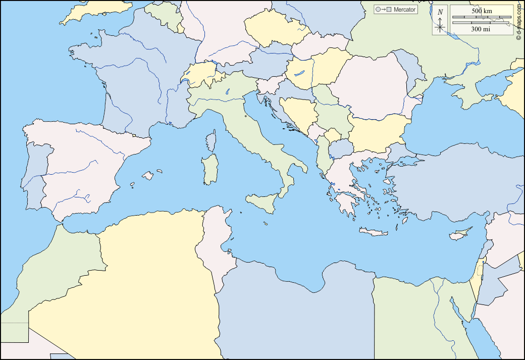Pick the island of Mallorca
click(x=147, y=176)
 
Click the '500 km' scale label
click(x=482, y=11)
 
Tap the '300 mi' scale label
click(x=481, y=29)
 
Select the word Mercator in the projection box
click(x=405, y=10)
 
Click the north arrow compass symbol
click(x=440, y=21)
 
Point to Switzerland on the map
click(x=202, y=76)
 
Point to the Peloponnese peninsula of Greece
click(x=346, y=204)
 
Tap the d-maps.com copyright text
click(x=519, y=23)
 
